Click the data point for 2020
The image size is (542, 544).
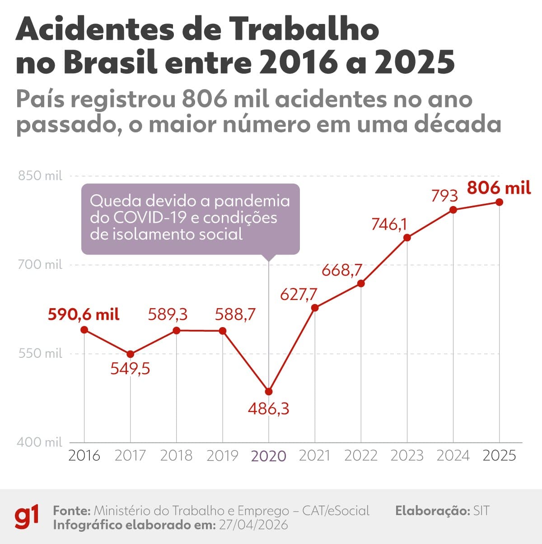269,391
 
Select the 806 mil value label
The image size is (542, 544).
499,188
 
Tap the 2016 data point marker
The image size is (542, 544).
84,330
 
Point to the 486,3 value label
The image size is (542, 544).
269,409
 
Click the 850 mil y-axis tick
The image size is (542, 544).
40,176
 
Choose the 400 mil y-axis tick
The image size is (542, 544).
40,442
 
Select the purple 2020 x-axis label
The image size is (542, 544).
269,456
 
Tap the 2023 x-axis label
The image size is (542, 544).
407,455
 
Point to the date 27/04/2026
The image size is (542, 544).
253,525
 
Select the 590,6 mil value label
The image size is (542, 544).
84,314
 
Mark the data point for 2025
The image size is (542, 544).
499,202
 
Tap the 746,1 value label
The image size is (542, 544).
389,224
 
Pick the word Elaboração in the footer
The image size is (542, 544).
432,511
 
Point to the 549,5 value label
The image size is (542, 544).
130,369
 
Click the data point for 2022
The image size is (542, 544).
361,283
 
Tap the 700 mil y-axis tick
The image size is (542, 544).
40,264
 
